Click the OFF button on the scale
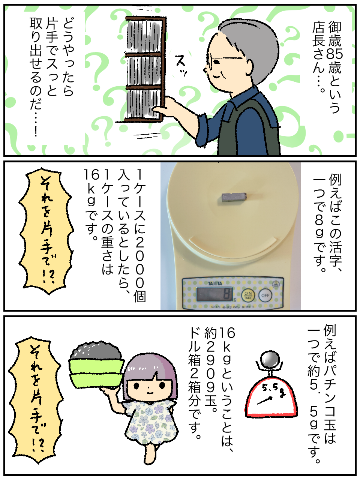[x=265, y=295]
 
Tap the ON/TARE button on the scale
[x=248, y=295]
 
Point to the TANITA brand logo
[x=215, y=283]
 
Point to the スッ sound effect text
[x=181, y=66]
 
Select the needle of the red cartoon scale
[x=264, y=401]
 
